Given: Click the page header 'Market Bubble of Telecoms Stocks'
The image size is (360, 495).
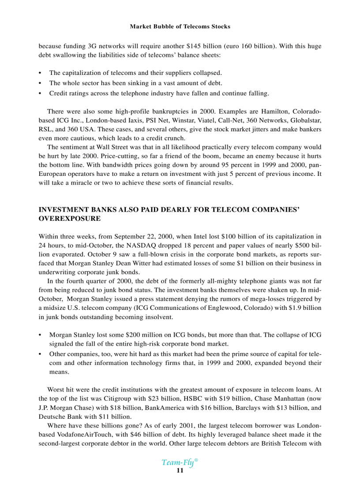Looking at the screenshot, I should click(x=180, y=26).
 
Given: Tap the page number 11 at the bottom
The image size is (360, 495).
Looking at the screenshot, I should click(x=180, y=471).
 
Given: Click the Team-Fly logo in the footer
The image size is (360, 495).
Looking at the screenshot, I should click(x=179, y=462).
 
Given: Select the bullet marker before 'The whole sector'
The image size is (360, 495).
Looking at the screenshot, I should click(x=41, y=83).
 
